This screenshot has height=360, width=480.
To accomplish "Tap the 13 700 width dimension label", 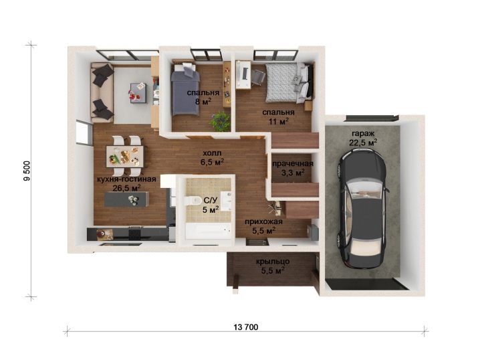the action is pos(246,327).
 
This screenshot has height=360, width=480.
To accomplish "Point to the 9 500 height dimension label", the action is pos(27,171).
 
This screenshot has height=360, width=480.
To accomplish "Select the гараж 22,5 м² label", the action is pos(363,139).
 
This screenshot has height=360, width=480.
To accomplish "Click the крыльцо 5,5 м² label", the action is pos(273,266).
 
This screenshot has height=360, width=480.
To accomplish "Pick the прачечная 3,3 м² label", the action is pos(293,168).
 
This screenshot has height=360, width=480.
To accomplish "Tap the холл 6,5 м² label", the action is pos(212,157).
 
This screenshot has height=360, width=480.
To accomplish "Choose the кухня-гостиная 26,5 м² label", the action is pos(126,183).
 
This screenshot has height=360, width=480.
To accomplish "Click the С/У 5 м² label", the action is pos(211,205).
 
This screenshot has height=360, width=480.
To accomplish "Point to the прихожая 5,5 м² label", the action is pos(263,226).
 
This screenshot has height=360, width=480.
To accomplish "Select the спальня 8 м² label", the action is pos(203,97).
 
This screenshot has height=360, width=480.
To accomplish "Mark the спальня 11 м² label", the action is pos(278,116).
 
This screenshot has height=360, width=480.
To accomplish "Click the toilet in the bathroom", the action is pos(193,200).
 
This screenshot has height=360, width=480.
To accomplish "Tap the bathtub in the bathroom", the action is pos(208,231).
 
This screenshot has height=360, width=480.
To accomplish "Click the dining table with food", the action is pos(125,157).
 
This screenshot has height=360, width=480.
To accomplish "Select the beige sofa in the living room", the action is pos(102,92).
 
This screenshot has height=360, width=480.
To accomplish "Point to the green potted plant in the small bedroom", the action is pos(220,120).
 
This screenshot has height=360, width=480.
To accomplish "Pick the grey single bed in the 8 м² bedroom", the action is pos(185,89).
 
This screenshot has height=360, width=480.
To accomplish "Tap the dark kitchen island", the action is pos(126,199).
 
